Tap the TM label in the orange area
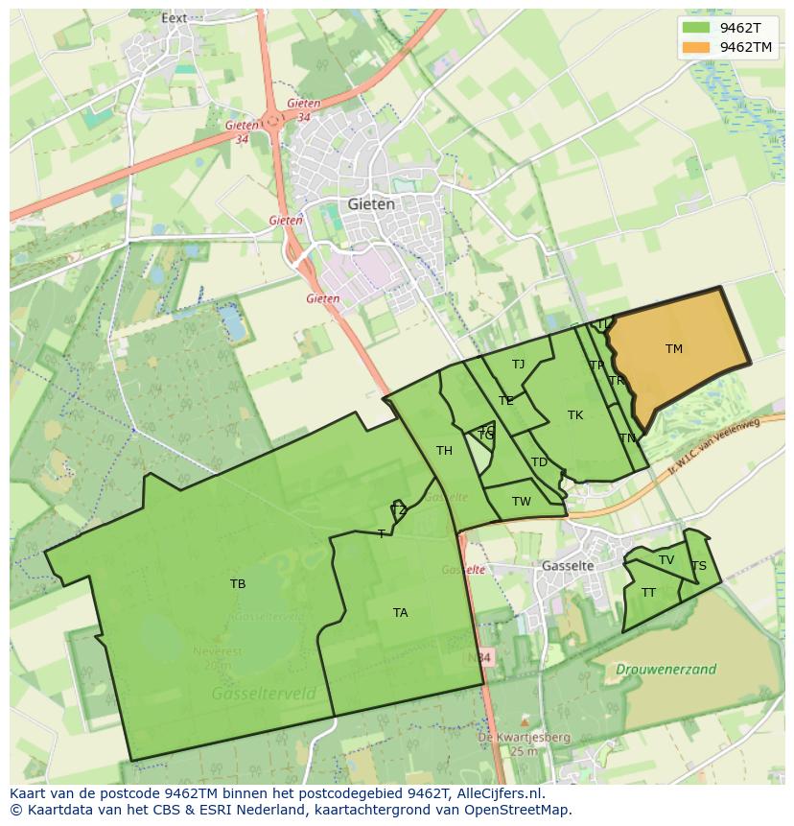pyautogui.click(x=674, y=349)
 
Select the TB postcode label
pyautogui.click(x=238, y=583)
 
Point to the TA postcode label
pyautogui.click(x=401, y=612)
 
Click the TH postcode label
pyautogui.click(x=444, y=451)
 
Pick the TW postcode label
pyautogui.click(x=522, y=502)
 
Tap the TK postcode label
pyautogui.click(x=575, y=415)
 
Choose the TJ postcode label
pyautogui.click(x=519, y=365)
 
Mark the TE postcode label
pyautogui.click(x=506, y=401)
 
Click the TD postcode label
pyautogui.click(x=539, y=462)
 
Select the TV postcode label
pyautogui.click(x=666, y=560)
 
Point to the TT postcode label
pyautogui.click(x=649, y=593)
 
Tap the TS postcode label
pyautogui.click(x=699, y=566)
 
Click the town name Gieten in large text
pyautogui.click(x=371, y=204)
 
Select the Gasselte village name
pyautogui.click(x=568, y=566)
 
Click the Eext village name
pyautogui.click(x=175, y=17)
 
